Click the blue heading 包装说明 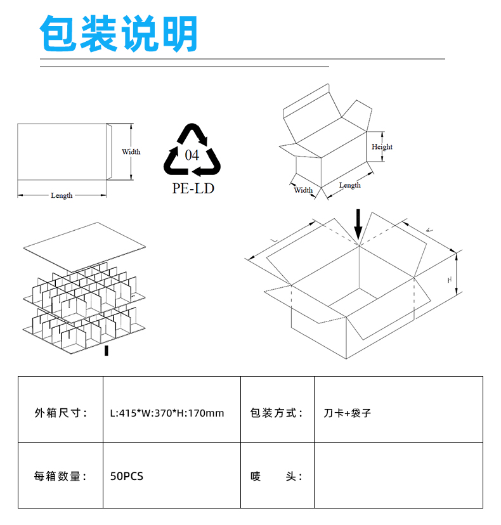coord(118,34)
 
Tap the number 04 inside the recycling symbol coord(192,155)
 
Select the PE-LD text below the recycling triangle coord(193,188)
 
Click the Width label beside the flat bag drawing coord(131,152)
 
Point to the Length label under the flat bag coord(62,195)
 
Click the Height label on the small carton coord(382,146)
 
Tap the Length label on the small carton coord(350,185)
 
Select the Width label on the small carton coord(303,190)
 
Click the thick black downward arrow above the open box coord(358,224)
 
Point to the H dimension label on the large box coord(450,280)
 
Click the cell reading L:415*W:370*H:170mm coord(171,409)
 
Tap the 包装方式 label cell coord(277,409)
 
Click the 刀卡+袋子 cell coord(398,409)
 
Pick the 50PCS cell coord(171,475)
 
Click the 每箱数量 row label coord(61,475)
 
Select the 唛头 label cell coord(277,475)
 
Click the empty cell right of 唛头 coord(398,475)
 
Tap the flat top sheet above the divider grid coord(84,247)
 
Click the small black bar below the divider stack coord(107,351)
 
